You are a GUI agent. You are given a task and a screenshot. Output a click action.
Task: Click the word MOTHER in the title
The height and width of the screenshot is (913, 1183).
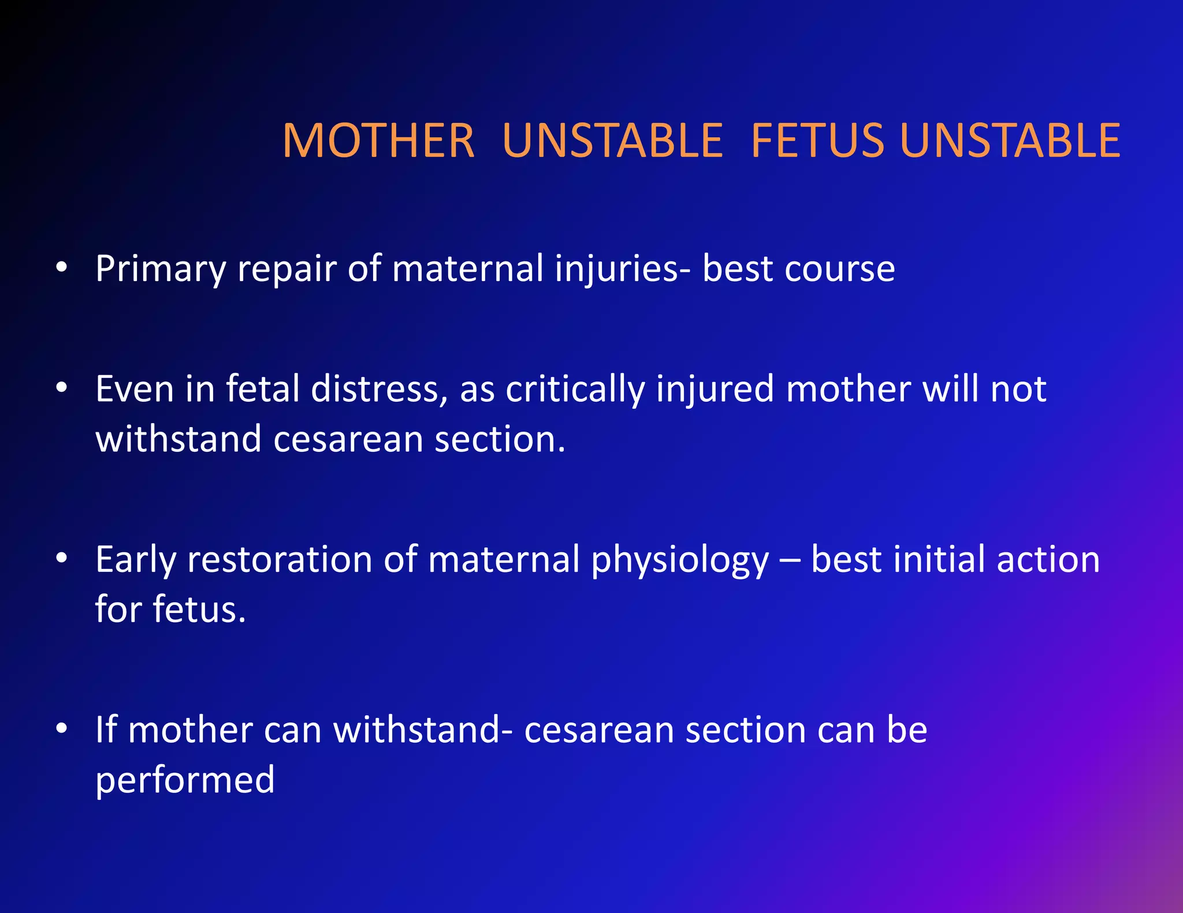378,141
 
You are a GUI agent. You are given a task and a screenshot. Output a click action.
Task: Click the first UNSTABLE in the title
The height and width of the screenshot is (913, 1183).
612,141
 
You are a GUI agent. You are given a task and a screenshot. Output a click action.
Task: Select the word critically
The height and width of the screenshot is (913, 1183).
574,390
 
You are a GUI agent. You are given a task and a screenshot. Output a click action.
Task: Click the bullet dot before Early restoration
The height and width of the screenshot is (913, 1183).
62,558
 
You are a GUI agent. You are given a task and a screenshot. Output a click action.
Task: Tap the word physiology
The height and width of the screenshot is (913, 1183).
680,560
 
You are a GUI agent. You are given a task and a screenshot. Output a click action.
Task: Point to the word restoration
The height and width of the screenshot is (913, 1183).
280,559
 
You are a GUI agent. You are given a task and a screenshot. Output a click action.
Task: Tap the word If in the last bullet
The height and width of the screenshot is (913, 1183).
106,729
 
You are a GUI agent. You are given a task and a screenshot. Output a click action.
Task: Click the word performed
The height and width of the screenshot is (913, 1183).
185,780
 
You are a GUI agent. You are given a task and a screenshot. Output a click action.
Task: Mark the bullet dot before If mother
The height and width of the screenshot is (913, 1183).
62,729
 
